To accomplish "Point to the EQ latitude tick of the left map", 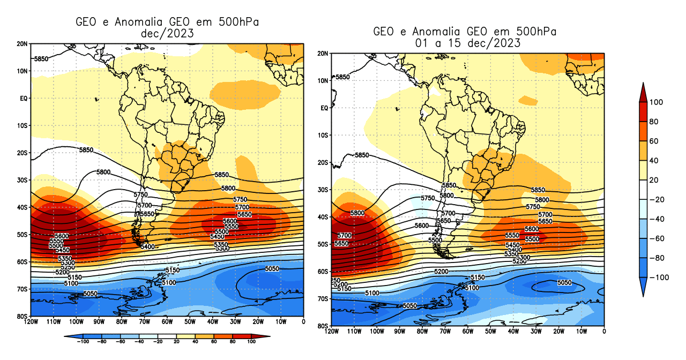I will tap(24, 98).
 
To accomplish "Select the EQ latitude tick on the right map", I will tap(324, 108).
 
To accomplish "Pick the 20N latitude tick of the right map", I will tap(323, 54).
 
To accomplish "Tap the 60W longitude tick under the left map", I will tap(167, 322).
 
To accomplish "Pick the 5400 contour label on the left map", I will tap(147, 246).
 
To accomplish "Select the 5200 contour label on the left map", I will tap(62, 272).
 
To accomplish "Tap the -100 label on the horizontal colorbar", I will tap(83, 341).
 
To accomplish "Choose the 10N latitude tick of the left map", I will tap(24, 71).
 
